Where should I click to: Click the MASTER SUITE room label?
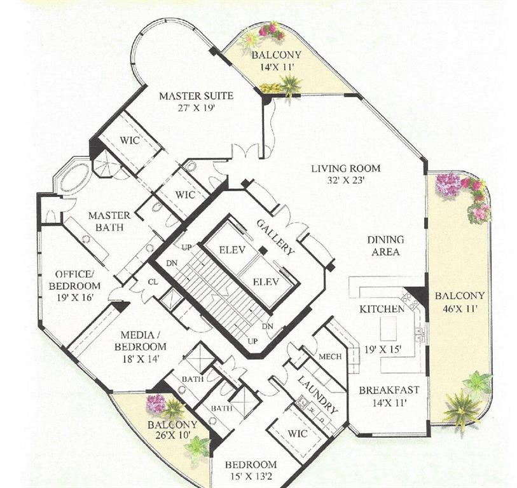coord(196,96)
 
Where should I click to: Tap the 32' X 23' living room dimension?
coord(345,180)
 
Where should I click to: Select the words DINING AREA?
coord(385,245)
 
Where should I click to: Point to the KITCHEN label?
coord(382,309)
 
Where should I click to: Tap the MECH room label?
coord(331,356)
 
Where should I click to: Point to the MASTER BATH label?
coord(109,220)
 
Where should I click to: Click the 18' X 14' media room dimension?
coord(140,358)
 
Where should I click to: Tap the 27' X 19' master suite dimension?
coord(196,107)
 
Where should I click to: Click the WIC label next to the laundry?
coord(297,433)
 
